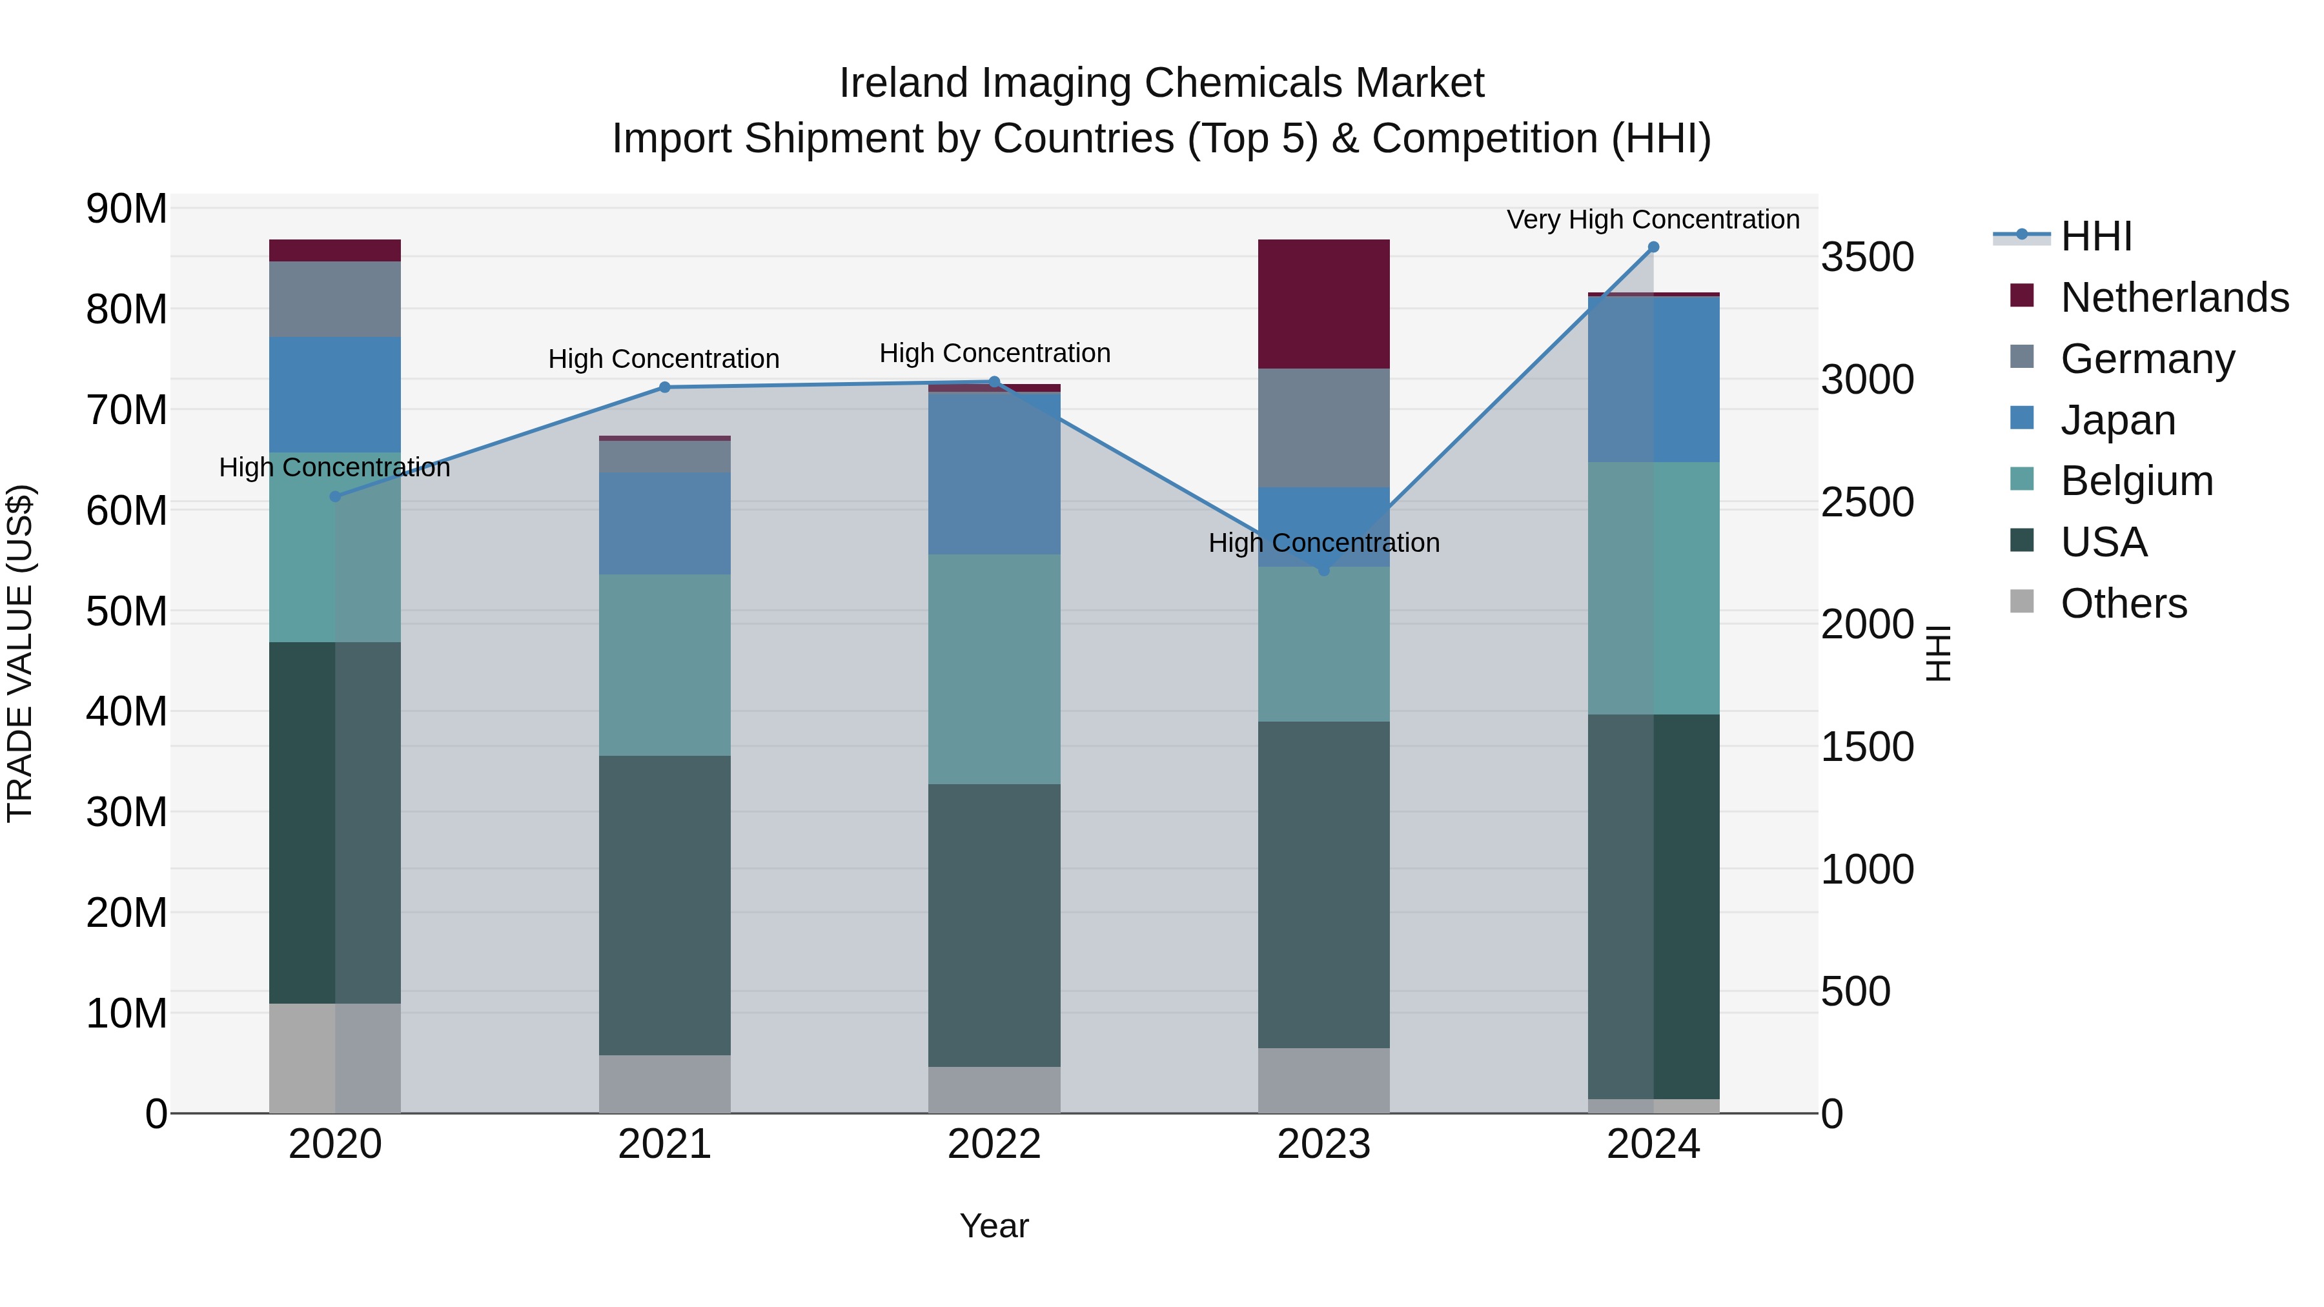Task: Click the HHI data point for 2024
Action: [1653, 247]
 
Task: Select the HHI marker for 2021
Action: [665, 388]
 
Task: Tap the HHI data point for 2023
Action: [1323, 570]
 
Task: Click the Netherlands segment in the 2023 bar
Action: [1323, 304]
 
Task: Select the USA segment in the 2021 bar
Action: [665, 905]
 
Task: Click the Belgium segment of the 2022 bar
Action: [994, 669]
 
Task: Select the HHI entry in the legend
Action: [2095, 236]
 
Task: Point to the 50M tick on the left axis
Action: [127, 612]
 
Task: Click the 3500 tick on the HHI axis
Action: [1866, 257]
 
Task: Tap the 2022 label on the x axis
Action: [994, 1144]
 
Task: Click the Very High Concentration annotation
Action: [1653, 219]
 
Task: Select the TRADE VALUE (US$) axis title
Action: [20, 653]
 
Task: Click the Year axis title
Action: [994, 1226]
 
